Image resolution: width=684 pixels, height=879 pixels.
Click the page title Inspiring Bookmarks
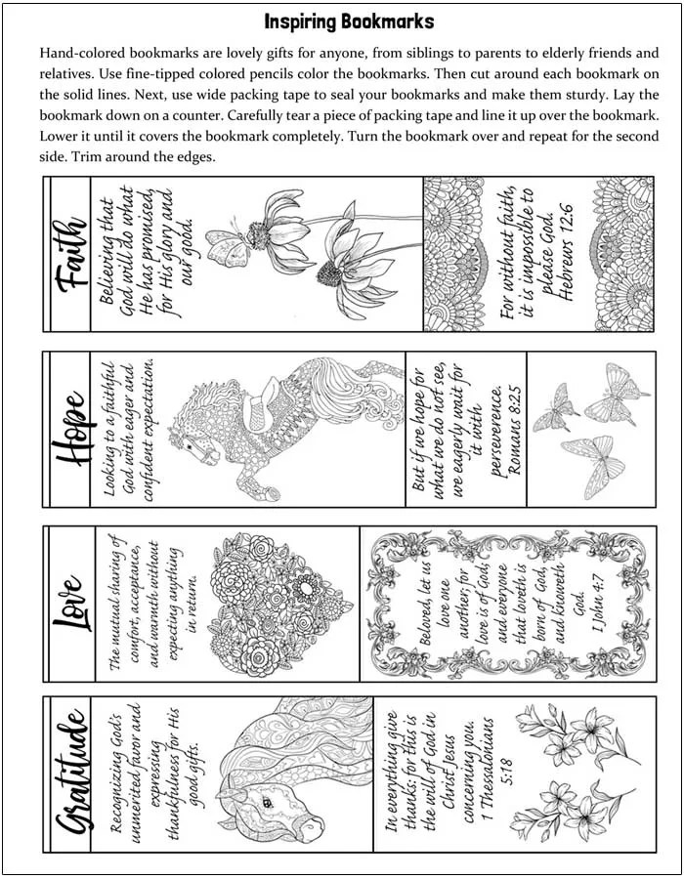349,21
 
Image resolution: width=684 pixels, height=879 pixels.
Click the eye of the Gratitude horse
261,800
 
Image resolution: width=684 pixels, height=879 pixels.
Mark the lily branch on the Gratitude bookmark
575,772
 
